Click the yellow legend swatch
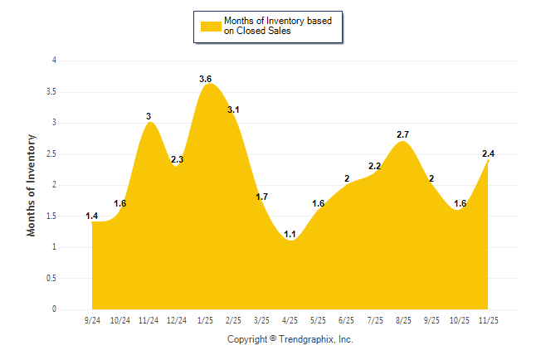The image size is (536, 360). (x=210, y=26)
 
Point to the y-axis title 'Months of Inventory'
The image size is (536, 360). (x=32, y=185)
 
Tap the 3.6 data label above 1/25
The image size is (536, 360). (x=206, y=79)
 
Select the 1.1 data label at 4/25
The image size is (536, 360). (x=290, y=234)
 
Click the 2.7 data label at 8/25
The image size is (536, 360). (x=403, y=134)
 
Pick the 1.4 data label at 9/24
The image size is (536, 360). (x=91, y=216)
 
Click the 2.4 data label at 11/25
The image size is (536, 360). (x=489, y=153)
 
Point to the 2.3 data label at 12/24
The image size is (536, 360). (x=177, y=159)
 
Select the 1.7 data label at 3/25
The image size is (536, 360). (x=261, y=197)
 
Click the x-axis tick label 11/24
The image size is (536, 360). (x=149, y=319)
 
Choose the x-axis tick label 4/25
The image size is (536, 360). (x=290, y=319)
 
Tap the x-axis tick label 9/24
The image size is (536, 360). (x=92, y=319)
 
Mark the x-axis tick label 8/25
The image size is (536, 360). (x=403, y=319)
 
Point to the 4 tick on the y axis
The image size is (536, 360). (x=54, y=61)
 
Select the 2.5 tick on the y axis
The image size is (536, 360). (x=51, y=154)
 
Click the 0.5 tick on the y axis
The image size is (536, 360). (x=51, y=279)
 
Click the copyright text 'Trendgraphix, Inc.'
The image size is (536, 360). (x=316, y=339)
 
